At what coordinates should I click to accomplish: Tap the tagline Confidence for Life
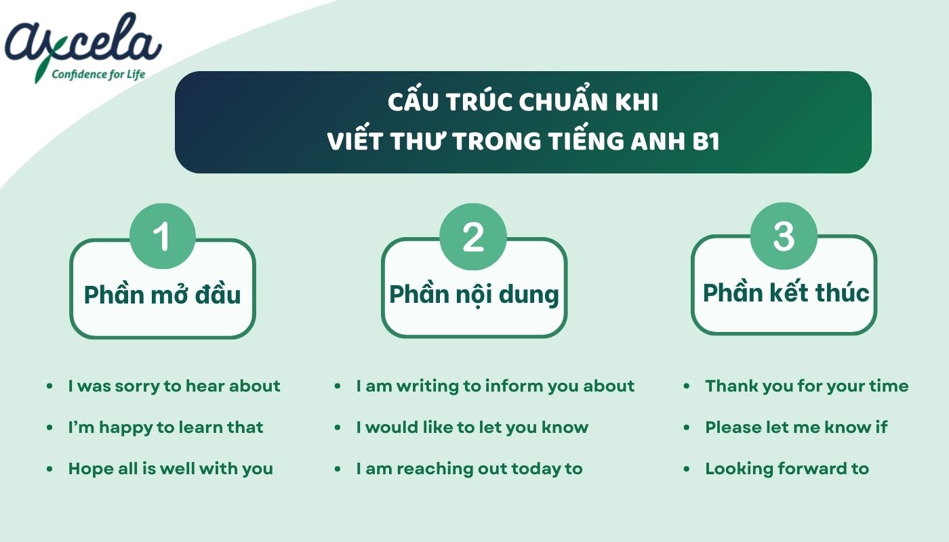pos(99,74)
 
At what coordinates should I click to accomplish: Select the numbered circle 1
pos(162,236)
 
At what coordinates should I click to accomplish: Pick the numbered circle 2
pos(473,236)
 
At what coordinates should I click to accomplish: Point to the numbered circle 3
pos(784,235)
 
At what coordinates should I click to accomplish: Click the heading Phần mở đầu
pos(162,295)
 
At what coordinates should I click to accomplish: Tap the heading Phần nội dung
pos(474,294)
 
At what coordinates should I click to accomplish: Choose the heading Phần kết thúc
pos(786,293)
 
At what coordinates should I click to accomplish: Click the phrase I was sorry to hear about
pos(174,386)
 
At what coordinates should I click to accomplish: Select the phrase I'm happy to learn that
pos(165,428)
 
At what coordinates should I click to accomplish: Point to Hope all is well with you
pos(170,469)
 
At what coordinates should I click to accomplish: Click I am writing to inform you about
pos(495,386)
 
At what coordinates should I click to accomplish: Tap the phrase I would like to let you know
pos(472,428)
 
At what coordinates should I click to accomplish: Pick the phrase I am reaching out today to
pos(469,469)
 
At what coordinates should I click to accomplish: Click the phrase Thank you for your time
pos(807,386)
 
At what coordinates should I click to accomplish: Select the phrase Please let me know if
pos(796,428)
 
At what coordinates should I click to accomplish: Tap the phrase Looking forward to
pos(786,469)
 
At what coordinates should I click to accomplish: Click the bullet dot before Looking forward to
pos(687,469)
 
